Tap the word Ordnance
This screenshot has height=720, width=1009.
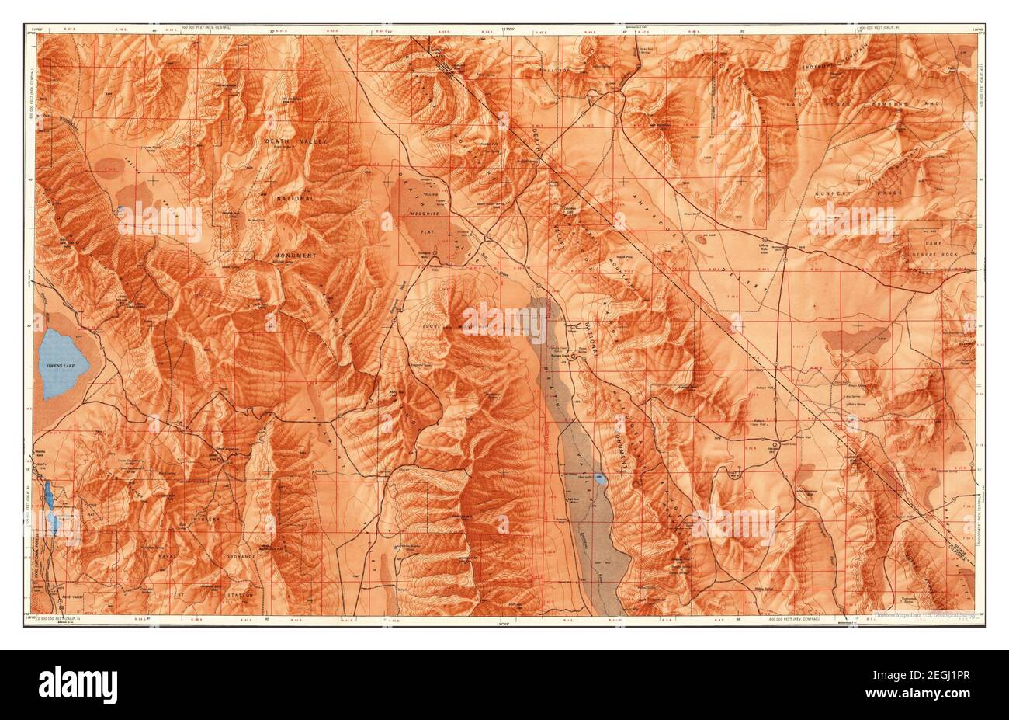point(219,557)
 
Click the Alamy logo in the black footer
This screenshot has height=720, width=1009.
point(78,683)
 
